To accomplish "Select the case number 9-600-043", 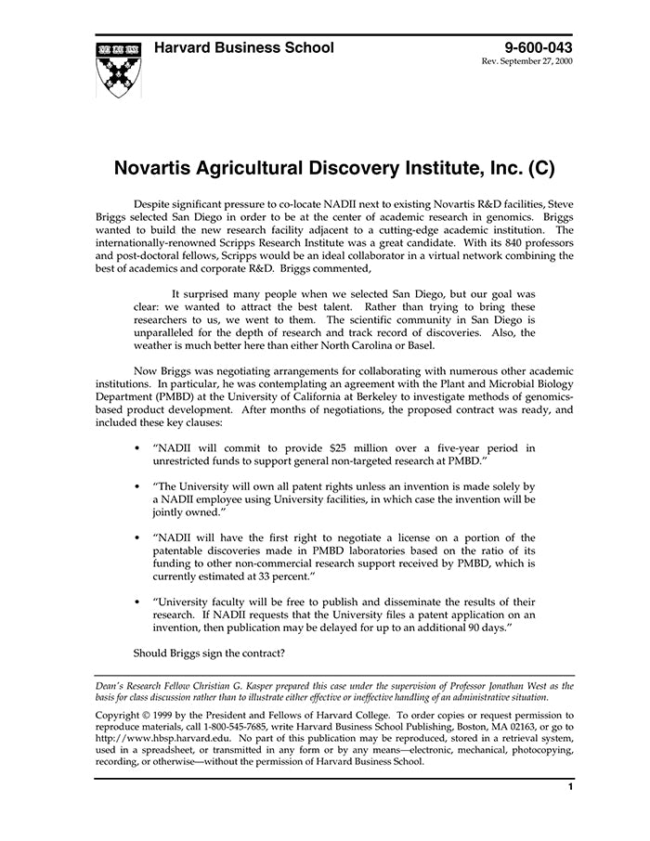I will click(x=539, y=47).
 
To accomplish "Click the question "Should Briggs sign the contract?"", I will click(x=209, y=653).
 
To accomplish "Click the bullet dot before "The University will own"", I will click(x=137, y=486).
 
